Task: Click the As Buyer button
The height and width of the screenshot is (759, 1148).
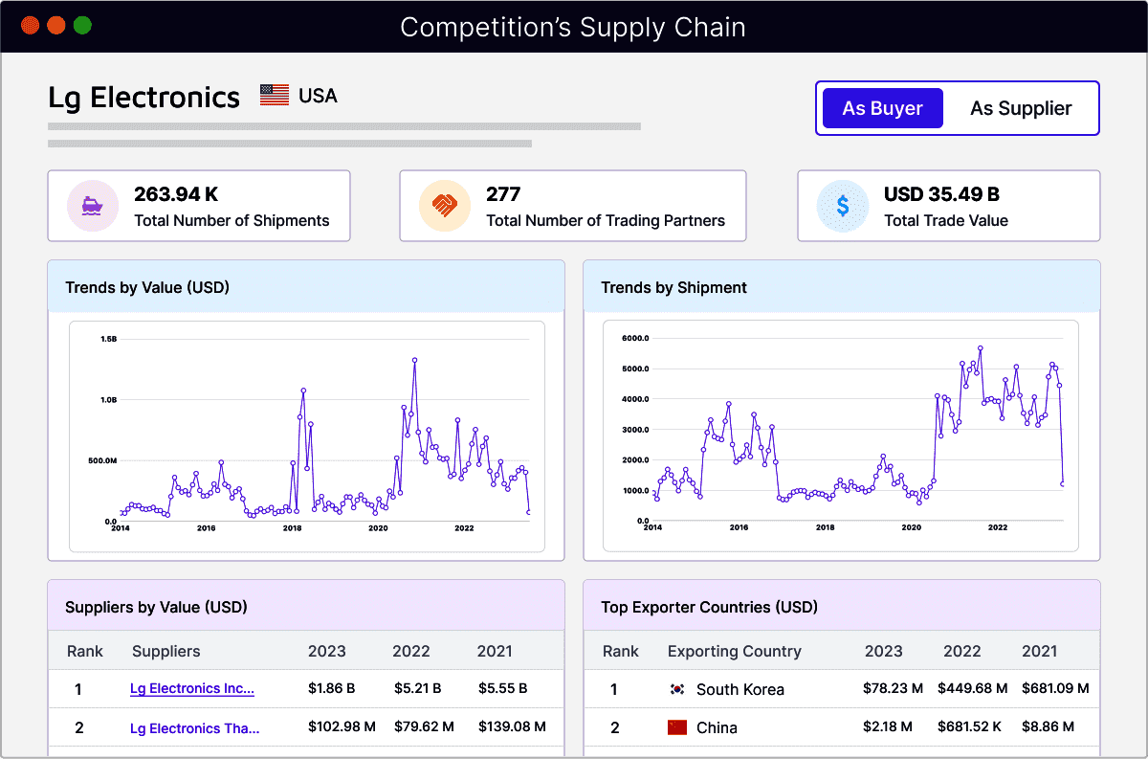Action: point(882,108)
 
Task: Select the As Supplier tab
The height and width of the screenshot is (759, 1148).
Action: point(1021,108)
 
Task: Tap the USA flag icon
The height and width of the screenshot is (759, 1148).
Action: point(275,96)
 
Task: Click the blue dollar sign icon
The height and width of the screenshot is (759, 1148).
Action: point(842,206)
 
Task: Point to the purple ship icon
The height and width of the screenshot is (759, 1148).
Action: point(92,206)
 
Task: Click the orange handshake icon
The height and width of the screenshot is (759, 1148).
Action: point(444,206)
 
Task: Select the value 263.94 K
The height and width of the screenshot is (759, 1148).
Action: point(176,194)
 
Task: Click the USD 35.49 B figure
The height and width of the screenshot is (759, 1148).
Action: point(941,194)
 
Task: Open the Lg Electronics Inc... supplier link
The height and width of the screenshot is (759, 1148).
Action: point(192,688)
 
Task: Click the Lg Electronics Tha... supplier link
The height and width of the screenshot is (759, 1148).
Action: point(194,728)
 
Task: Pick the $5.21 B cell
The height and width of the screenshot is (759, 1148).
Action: point(417,688)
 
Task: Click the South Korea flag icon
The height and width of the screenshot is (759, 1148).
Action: point(677,689)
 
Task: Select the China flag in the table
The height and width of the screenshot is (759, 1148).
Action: point(677,727)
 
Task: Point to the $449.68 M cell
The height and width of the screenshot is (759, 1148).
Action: point(972,688)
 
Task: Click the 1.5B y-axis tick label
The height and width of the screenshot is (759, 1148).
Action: point(108,339)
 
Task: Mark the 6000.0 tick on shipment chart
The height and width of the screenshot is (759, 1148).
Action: point(635,338)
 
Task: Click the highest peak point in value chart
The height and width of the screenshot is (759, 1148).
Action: point(414,360)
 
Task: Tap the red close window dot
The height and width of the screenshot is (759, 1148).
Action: point(30,26)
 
